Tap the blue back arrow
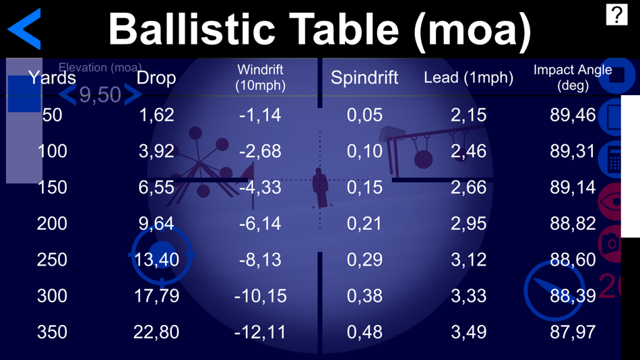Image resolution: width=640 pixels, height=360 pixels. (x=25, y=29)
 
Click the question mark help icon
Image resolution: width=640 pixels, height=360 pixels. (x=616, y=14)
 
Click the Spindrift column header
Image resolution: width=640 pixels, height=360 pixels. (x=364, y=78)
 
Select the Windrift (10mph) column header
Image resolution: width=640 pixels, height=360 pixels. (x=260, y=78)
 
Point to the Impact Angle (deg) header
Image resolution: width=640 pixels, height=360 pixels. (x=573, y=78)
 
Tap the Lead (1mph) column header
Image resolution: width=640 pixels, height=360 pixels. (x=468, y=78)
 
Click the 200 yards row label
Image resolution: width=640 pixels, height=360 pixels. (x=52, y=223)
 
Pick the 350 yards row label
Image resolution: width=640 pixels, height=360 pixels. (x=52, y=332)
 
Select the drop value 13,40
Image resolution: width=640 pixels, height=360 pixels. (x=156, y=260)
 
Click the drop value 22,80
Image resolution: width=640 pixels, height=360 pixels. (x=156, y=332)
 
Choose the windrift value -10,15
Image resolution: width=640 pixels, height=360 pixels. (x=260, y=295)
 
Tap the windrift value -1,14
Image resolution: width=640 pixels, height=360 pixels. (x=260, y=115)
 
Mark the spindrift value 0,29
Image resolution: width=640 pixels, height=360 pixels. (x=364, y=260)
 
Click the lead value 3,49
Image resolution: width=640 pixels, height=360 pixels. (x=468, y=332)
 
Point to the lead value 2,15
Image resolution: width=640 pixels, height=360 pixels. (x=468, y=115)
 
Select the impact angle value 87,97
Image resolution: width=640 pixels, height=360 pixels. (x=573, y=332)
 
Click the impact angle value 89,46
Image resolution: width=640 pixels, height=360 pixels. (x=573, y=115)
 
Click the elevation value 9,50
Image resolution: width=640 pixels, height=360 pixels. (x=100, y=95)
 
